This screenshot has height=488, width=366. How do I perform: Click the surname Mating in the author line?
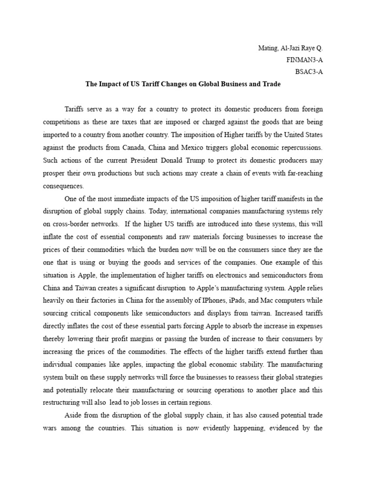point(267,49)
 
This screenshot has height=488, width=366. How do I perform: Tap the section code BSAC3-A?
point(309,73)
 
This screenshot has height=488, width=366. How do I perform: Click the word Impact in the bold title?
point(111,84)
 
